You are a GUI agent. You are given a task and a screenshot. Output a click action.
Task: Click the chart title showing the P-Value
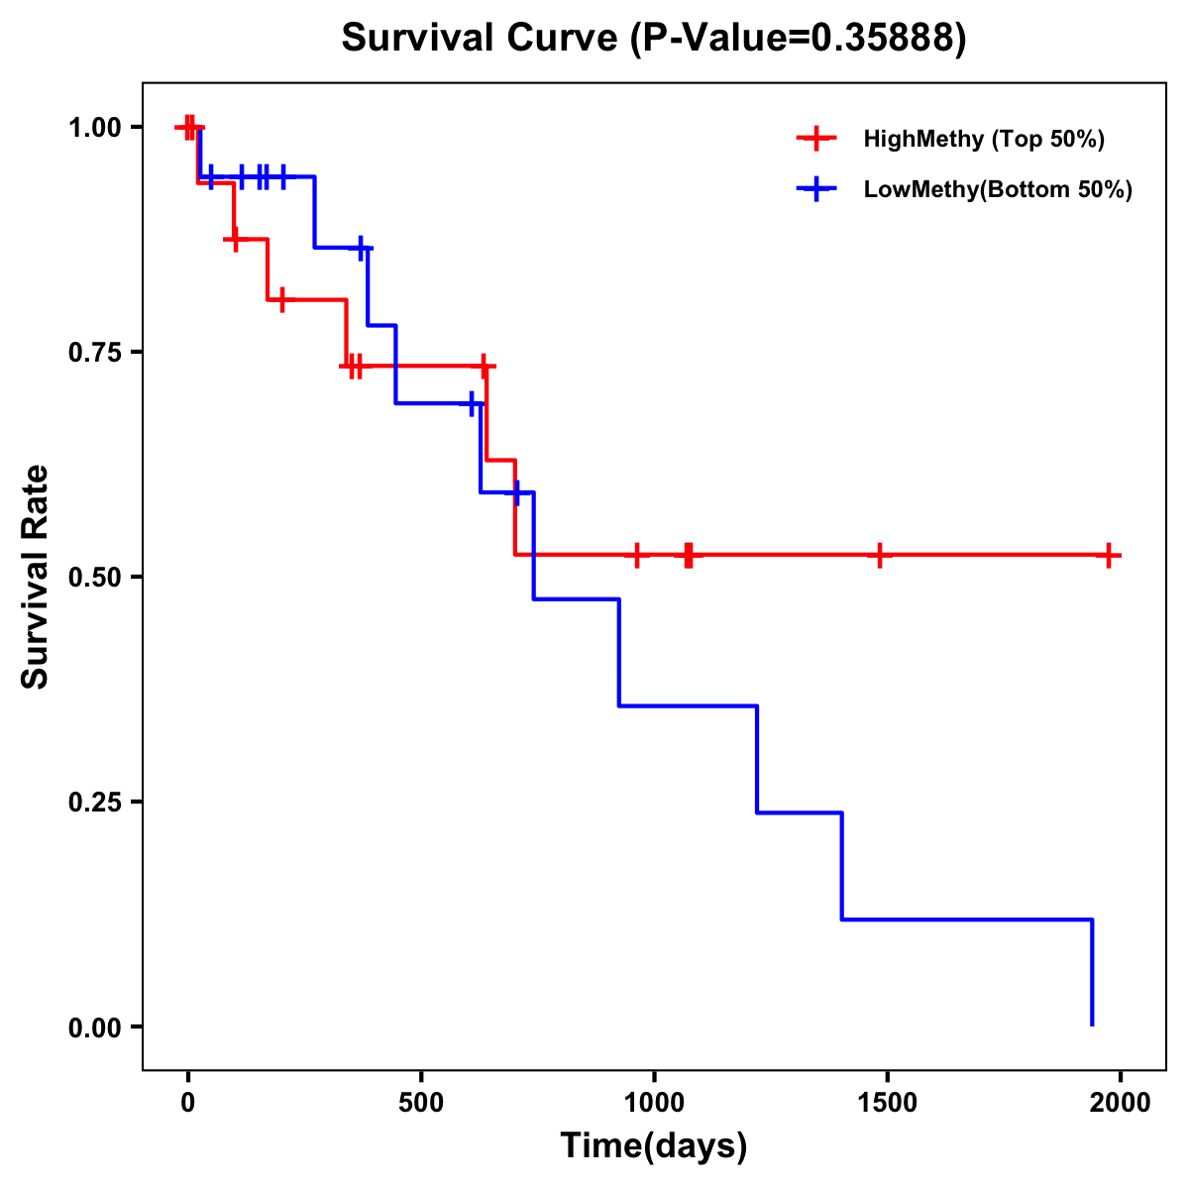653,38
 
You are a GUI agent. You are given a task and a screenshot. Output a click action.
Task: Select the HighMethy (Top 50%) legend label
983,139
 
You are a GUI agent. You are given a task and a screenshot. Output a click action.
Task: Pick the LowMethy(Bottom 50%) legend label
998,189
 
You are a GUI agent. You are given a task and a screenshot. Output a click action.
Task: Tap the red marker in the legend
816,139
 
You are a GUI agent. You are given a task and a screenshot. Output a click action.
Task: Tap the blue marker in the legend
816,189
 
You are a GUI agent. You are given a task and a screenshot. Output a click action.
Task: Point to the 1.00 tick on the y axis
94,127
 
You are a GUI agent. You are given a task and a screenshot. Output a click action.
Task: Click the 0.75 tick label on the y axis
94,352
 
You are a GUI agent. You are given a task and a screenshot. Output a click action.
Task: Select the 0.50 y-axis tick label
94,577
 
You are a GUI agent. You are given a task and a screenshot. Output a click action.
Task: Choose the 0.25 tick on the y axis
94,802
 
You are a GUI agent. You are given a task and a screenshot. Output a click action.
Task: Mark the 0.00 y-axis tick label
94,1027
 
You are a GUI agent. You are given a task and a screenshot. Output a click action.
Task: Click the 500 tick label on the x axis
421,1103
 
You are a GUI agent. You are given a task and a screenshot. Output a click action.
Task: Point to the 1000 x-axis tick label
654,1103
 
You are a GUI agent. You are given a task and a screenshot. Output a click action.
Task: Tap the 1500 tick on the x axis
887,1103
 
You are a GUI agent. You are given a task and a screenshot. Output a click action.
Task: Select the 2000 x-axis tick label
1120,1103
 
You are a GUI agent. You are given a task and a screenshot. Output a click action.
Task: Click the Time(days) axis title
654,1146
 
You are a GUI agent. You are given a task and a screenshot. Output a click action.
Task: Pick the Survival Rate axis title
36,577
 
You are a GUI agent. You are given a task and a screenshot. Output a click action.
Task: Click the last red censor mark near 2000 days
1109,555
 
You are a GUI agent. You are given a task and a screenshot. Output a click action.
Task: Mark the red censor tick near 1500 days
879,555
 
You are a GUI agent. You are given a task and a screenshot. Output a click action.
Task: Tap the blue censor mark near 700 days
515,491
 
